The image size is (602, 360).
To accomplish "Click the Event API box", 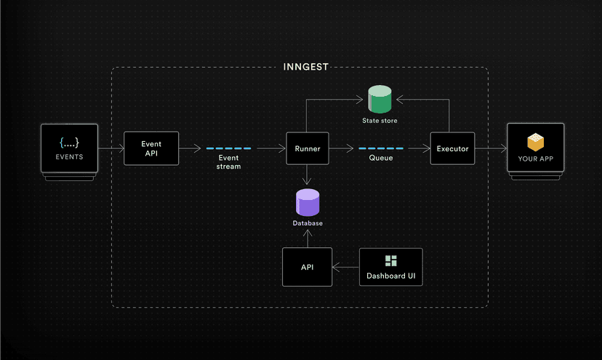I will (151, 148).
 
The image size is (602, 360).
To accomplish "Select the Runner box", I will (308, 148).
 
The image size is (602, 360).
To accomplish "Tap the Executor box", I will (452, 148).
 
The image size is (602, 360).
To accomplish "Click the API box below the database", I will (307, 267).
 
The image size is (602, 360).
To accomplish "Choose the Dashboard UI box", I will (391, 267).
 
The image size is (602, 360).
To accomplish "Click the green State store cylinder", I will (380, 99).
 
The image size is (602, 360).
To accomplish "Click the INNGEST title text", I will (306, 67).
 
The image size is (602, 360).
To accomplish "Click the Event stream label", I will (228, 161).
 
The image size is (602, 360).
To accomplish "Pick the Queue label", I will (380, 157).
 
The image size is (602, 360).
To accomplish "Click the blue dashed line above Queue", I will (380, 148).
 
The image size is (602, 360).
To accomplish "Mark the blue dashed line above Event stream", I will (228, 148).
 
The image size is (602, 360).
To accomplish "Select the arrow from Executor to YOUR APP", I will (491, 148).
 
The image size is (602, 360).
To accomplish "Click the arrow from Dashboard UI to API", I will (346, 267).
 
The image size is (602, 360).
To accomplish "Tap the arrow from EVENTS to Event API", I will (109, 148).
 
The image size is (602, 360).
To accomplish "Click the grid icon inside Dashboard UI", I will (391, 261).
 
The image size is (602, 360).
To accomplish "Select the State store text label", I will (380, 119).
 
